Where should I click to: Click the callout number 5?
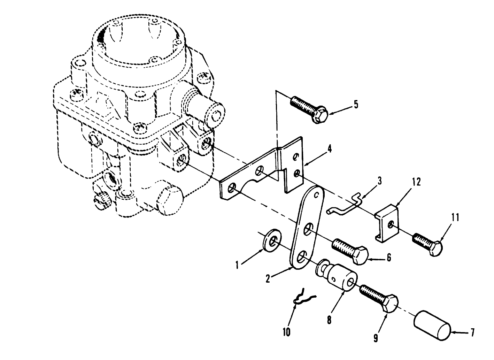[355, 105]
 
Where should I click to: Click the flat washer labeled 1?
[270, 240]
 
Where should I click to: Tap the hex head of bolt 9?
[390, 302]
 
